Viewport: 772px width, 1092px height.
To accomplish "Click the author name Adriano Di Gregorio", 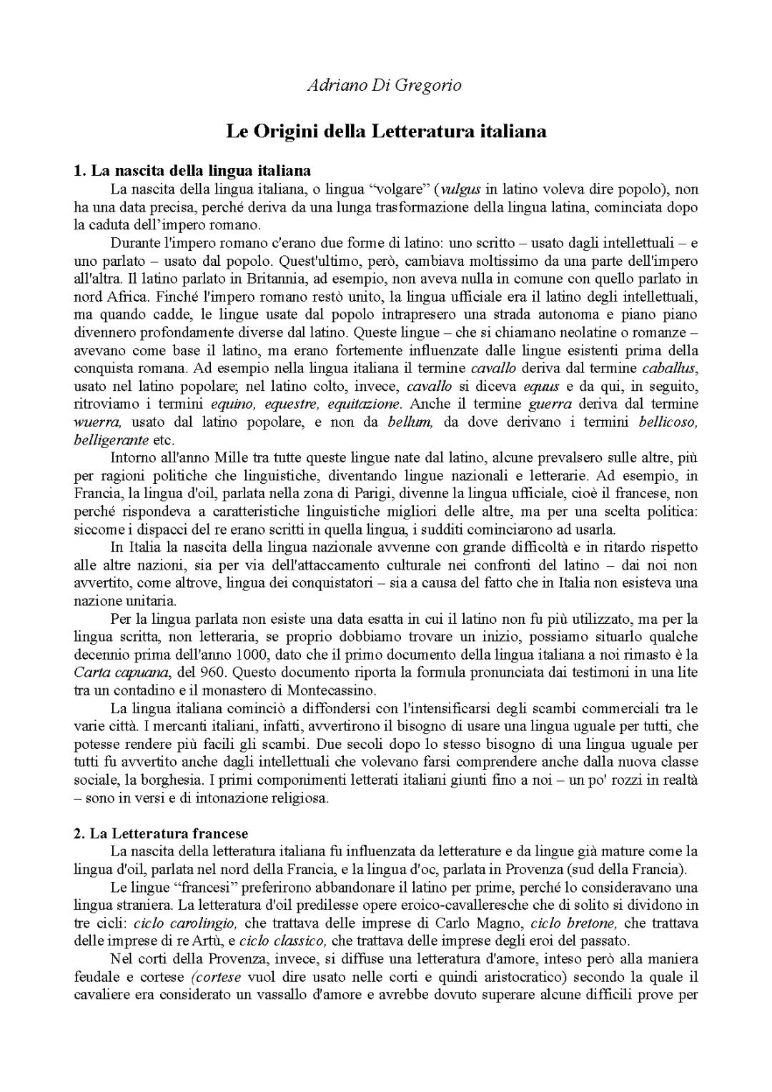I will pyautogui.click(x=385, y=85).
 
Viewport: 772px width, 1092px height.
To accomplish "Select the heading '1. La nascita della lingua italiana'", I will pyautogui.click(x=192, y=171).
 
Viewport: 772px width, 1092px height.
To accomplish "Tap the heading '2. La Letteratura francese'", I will pyautogui.click(x=162, y=833).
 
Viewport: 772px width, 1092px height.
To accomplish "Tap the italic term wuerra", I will pyautogui.click(x=98, y=422).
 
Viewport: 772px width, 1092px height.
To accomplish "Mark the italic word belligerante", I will pyautogui.click(x=112, y=440).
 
